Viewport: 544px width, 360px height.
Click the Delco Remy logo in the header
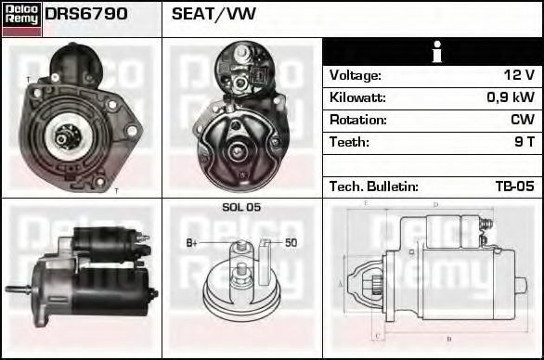(21, 18)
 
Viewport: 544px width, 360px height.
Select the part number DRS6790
(86, 14)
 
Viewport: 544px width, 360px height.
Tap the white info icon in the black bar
(434, 52)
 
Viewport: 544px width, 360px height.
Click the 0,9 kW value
(510, 97)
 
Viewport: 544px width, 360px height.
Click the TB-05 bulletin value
(514, 186)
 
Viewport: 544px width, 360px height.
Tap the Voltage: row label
(356, 75)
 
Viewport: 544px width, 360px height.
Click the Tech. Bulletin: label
(374, 186)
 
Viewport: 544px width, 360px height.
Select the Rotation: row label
(358, 120)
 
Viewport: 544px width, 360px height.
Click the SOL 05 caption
(241, 207)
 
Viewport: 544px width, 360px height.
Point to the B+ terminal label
(192, 243)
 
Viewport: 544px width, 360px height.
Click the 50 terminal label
(291, 243)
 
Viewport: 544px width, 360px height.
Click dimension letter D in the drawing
(435, 204)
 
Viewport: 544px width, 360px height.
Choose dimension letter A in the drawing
(341, 284)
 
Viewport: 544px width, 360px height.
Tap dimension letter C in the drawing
(376, 335)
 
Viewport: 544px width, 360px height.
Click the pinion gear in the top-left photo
(62, 138)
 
